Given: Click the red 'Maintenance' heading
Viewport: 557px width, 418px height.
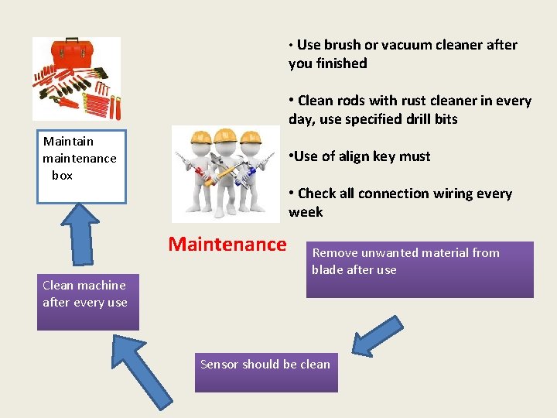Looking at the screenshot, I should pos(227,245).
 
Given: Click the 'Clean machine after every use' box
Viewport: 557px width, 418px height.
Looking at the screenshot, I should pos(87,302).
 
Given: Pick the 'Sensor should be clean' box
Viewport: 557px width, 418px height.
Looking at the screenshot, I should pos(266,371).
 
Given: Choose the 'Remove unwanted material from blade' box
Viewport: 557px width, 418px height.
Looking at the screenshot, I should pos(419,269).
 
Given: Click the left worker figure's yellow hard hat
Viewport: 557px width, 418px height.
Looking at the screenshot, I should pos(200,139).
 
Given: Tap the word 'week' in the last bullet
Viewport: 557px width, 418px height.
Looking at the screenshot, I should pos(306,212).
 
